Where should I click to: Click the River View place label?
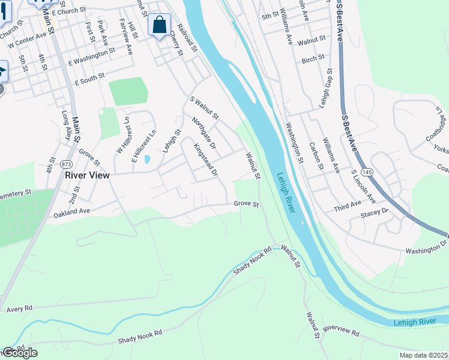point(87,175)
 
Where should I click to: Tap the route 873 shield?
point(66,164)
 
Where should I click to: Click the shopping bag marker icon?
point(159,25)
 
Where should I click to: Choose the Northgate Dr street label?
point(203,132)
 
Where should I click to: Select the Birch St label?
point(313,58)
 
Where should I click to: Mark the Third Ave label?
point(348,208)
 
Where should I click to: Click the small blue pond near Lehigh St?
point(147,159)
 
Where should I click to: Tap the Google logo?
point(20,353)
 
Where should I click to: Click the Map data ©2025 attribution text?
point(424,355)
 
